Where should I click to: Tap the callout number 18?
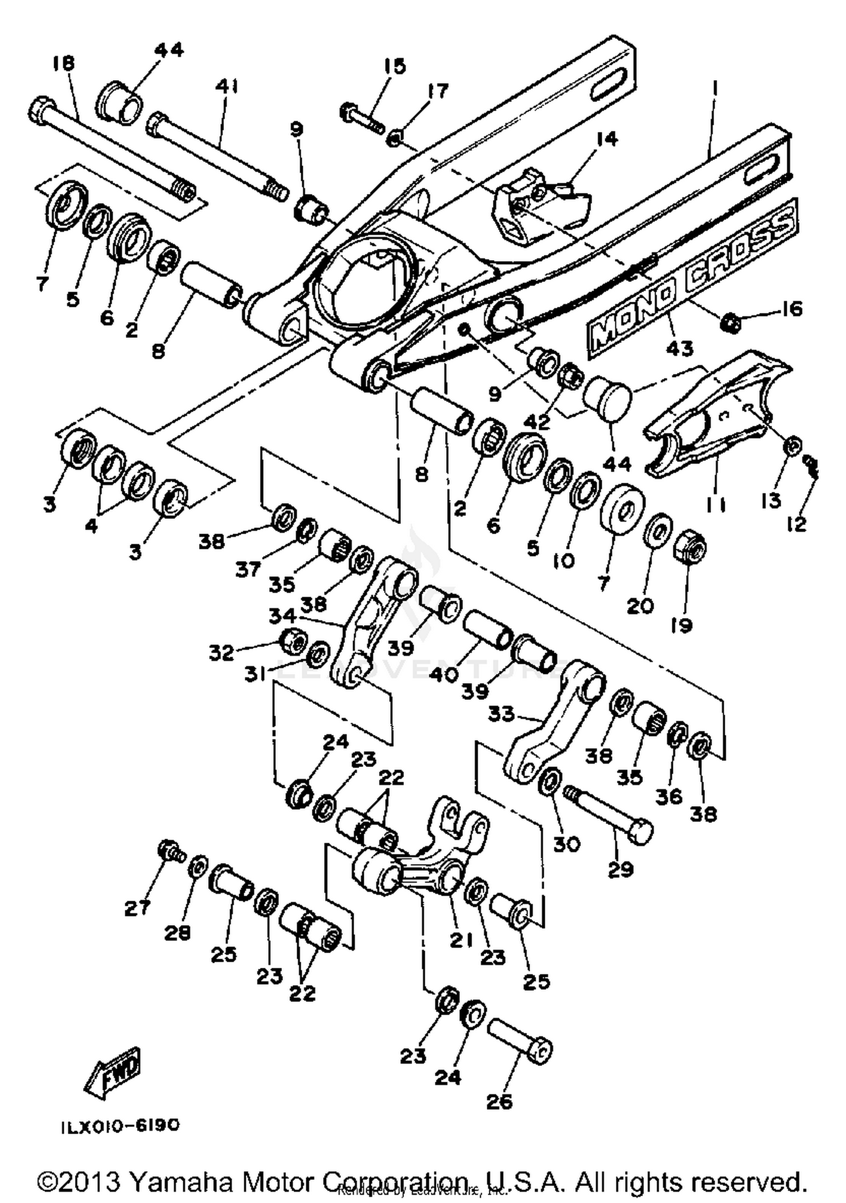pos(63,63)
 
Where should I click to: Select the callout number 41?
pos(227,86)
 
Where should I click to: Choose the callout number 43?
pos(679,348)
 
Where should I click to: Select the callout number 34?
pos(281,616)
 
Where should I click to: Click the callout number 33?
pos(501,715)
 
